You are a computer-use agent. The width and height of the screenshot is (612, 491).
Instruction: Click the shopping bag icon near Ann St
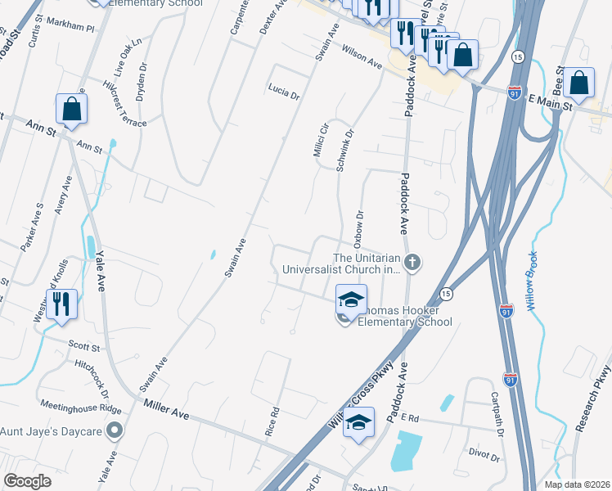71,109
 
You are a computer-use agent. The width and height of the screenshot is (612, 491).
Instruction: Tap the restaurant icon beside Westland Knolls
61,304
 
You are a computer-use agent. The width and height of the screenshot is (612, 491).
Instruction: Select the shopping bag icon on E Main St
578,83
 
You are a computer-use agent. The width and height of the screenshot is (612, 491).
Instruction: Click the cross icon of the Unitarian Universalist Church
413,262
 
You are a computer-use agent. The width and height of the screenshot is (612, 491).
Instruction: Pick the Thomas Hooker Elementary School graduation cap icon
352,300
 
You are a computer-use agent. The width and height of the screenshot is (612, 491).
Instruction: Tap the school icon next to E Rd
358,422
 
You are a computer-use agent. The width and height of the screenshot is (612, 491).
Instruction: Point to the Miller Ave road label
166,409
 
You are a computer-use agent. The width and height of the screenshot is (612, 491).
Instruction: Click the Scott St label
84,347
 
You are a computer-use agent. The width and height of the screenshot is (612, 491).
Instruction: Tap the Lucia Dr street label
284,90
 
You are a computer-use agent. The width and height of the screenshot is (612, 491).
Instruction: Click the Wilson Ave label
362,56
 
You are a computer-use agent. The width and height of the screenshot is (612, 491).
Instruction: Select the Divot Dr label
484,453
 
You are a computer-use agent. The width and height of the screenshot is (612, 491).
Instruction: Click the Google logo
28,481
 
